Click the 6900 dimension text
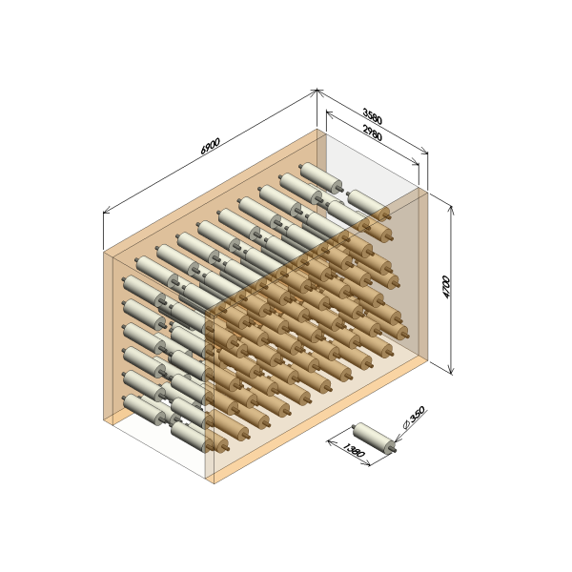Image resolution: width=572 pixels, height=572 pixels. pyautogui.click(x=211, y=146)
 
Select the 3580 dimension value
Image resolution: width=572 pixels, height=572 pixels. pyautogui.click(x=372, y=116)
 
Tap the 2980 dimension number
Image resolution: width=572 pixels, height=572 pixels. pyautogui.click(x=372, y=133)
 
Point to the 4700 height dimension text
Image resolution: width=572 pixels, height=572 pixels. pyautogui.click(x=446, y=287)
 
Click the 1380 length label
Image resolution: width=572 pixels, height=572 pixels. pyautogui.click(x=353, y=450)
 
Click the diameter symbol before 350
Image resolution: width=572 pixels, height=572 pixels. pyautogui.click(x=407, y=424)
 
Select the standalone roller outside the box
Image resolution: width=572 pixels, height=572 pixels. pyautogui.click(x=375, y=439)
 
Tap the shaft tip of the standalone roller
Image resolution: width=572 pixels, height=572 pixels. pyautogui.click(x=395, y=450)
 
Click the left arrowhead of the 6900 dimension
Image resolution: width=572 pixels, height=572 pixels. pyautogui.click(x=106, y=212)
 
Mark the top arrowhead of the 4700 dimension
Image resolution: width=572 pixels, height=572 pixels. pyautogui.click(x=451, y=209)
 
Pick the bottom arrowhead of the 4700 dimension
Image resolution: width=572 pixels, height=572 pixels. pyautogui.click(x=451, y=371)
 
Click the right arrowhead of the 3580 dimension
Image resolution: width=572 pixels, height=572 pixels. pyautogui.click(x=425, y=152)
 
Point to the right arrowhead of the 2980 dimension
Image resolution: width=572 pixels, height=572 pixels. pyautogui.click(x=417, y=163)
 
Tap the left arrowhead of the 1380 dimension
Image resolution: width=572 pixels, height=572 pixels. pyautogui.click(x=330, y=442)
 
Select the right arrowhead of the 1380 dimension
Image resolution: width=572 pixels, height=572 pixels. pyautogui.click(x=367, y=464)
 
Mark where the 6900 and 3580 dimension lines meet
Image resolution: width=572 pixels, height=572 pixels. pyautogui.click(x=317, y=91)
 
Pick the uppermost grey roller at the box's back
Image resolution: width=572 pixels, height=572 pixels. pyautogui.click(x=320, y=177)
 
